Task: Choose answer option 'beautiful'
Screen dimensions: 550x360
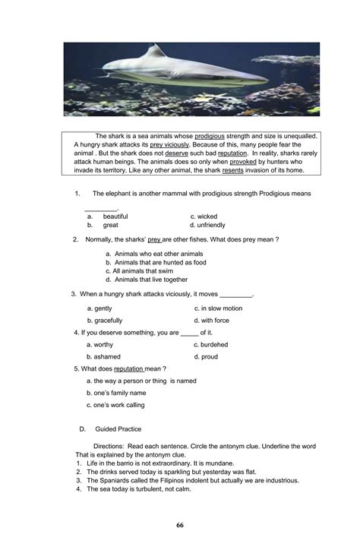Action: click(115, 217)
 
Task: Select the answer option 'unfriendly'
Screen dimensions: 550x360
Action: click(211, 226)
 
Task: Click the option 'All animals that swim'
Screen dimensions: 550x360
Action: click(144, 270)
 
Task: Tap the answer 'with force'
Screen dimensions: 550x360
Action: click(215, 321)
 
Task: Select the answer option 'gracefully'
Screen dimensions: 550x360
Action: click(109, 321)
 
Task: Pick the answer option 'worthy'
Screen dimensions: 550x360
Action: click(103, 344)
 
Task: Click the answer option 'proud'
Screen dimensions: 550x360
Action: click(210, 356)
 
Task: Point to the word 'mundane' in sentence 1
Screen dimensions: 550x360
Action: click(218, 463)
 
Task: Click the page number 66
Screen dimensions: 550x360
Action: click(179, 525)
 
